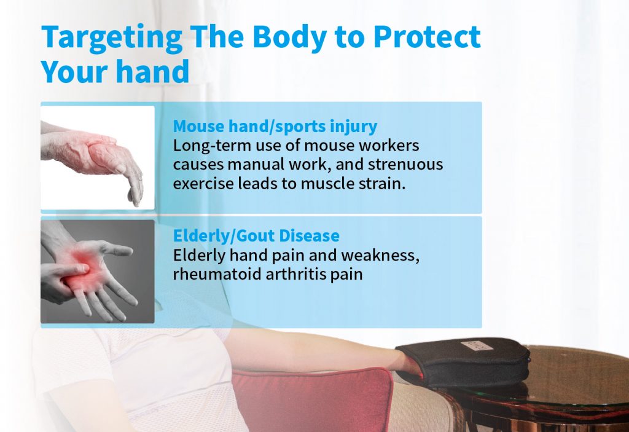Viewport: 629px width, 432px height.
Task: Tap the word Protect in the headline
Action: coord(427,37)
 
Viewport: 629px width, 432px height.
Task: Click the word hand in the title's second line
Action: coord(153,71)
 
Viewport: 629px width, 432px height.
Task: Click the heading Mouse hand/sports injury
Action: coord(275,126)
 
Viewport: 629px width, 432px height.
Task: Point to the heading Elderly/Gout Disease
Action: coord(256,235)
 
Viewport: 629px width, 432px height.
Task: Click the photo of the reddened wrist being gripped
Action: coord(98,157)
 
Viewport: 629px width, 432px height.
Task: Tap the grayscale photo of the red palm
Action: coord(98,272)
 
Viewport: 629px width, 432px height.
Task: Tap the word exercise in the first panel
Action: coord(203,184)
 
